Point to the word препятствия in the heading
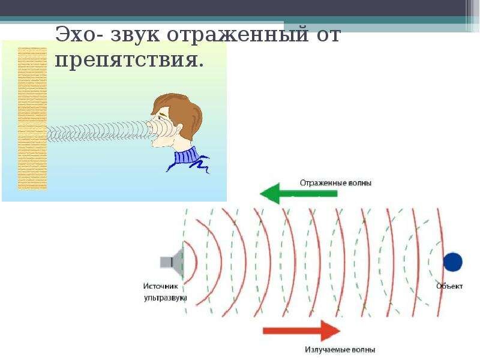point(129,59)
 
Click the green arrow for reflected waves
point(298,193)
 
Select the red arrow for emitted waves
point(302,331)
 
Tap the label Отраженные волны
point(335,183)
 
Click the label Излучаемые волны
point(340,350)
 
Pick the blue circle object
point(453,262)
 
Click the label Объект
point(449,286)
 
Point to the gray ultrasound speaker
point(172,262)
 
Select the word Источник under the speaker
point(160,286)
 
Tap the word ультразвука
point(166,298)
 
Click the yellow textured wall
point(32,118)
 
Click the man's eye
point(160,116)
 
